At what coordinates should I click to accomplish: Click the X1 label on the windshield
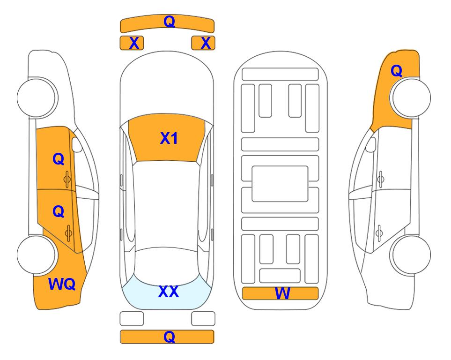coord(169,138)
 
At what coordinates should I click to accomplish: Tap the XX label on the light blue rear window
coord(169,292)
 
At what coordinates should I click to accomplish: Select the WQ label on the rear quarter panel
coord(62,284)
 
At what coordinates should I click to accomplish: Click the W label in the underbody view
coord(282,293)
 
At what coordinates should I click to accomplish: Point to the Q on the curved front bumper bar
coord(170,22)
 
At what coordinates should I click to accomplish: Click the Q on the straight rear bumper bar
coord(170,337)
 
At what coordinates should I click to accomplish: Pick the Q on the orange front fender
coord(396,71)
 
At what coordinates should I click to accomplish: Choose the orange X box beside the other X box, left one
coord(132,43)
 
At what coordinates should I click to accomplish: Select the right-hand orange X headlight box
coord(203,43)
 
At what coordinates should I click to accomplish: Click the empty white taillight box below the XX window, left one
coord(132,319)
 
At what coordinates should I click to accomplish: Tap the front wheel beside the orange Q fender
coord(410,97)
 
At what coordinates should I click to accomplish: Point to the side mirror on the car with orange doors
coord(76,144)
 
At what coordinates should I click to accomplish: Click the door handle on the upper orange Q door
coord(67,180)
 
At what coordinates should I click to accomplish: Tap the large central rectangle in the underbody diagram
coord(280,184)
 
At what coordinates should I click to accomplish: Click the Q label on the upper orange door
coord(59,159)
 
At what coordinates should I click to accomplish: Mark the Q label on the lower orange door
coord(59,212)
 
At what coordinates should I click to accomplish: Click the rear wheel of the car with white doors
coord(410,255)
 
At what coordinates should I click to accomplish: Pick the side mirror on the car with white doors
coord(371,144)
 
